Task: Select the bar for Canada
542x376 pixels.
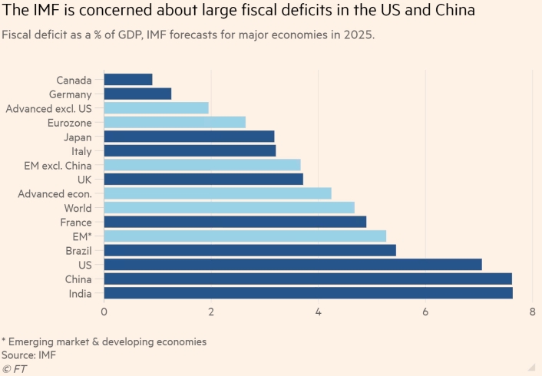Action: pos(128,79)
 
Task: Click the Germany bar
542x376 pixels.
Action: pos(137,94)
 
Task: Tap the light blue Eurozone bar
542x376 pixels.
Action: pos(174,122)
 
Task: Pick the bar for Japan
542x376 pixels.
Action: pos(189,137)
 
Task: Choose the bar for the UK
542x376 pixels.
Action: pos(203,179)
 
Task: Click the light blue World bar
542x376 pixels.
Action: pos(229,207)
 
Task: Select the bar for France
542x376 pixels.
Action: pos(235,222)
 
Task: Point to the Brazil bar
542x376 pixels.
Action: pos(250,250)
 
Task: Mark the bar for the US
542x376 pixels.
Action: pos(292,265)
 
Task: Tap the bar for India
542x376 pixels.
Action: pos(308,293)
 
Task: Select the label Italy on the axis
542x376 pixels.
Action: pos(81,151)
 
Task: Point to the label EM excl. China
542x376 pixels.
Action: pos(58,165)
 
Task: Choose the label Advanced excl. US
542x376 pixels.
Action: pos(48,108)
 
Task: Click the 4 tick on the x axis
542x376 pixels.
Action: pos(318,312)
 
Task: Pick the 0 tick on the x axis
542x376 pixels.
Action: pos(104,312)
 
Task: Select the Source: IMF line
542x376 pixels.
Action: pos(29,355)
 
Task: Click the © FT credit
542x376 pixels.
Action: pos(14,368)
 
